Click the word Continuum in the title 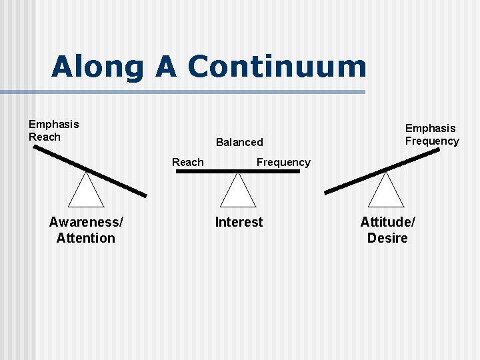click(277, 67)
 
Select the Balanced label click(239, 142)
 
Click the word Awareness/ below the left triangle click(86, 222)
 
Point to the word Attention click(86, 238)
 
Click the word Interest click(239, 222)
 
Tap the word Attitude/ click(387, 222)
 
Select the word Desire click(387, 238)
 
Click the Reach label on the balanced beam click(188, 162)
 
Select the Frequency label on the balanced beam click(283, 162)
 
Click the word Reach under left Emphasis click(45, 137)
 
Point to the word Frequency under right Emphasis click(432, 141)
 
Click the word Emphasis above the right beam click(431, 128)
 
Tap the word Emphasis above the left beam click(53, 124)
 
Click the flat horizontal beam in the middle click(238, 172)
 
